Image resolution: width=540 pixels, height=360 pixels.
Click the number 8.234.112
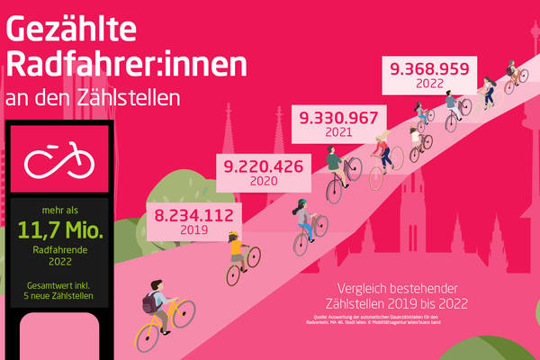194,216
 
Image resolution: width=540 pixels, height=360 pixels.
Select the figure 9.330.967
342,117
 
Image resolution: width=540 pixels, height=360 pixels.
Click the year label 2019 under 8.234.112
193,231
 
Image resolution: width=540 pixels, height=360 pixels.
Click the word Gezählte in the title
71,29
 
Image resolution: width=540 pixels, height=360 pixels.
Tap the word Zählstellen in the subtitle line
125,97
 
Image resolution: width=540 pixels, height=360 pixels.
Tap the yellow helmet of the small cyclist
236,236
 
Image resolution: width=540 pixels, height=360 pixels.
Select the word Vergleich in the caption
356,290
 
